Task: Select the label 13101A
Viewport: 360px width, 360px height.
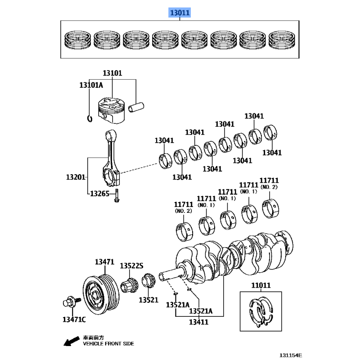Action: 91,85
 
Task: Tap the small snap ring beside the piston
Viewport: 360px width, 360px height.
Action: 90,118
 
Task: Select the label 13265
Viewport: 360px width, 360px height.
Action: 100,193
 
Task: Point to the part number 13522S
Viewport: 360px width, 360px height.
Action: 131,266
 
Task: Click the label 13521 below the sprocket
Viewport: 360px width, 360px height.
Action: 148,299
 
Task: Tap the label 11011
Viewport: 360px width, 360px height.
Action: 261,285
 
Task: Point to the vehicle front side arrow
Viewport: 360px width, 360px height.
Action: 70,342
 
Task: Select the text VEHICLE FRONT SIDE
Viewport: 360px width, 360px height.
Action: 108,343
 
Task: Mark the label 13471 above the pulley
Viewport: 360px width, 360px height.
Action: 104,261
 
